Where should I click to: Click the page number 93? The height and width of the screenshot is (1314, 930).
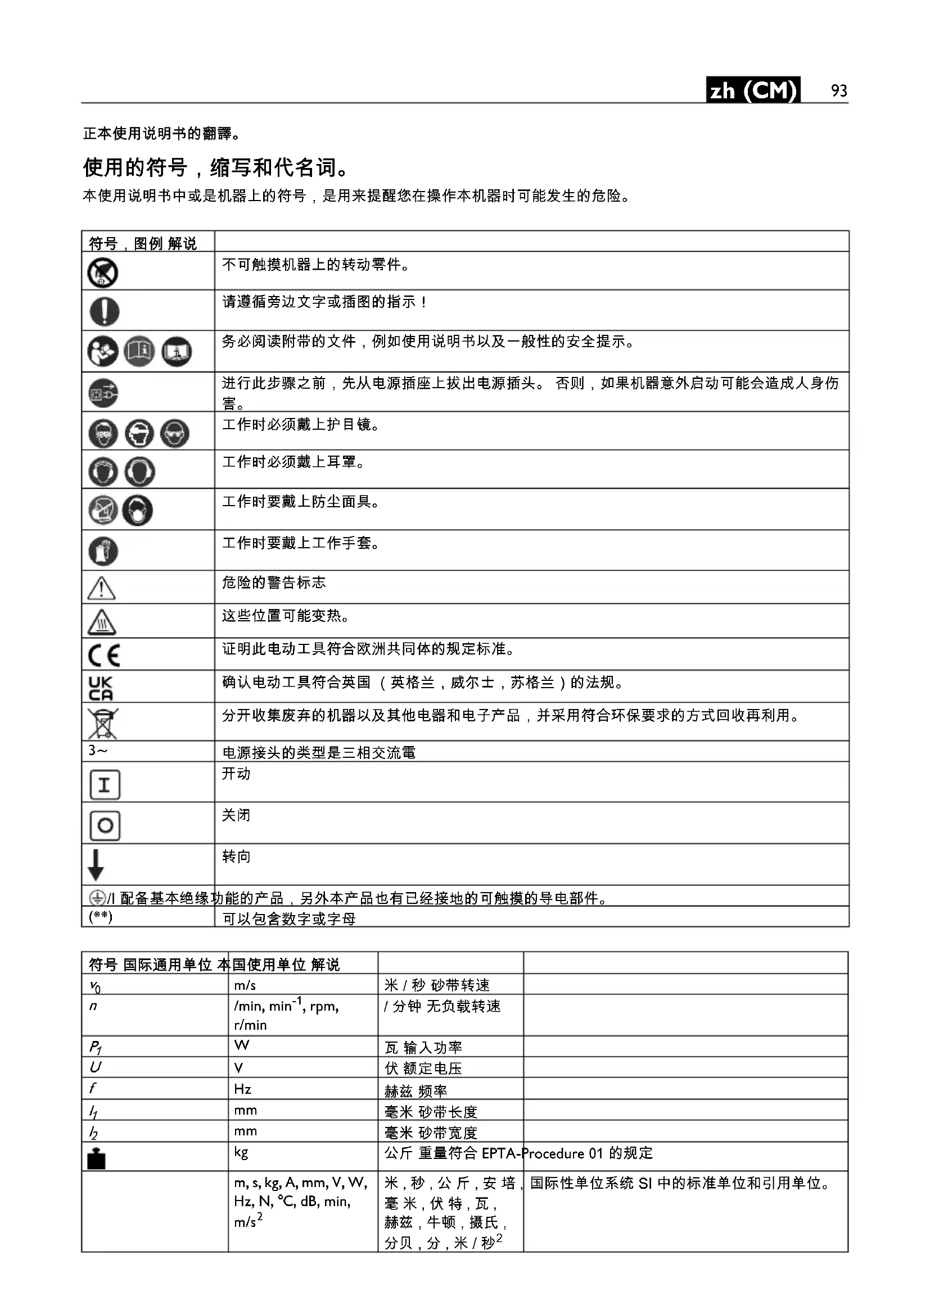coord(839,90)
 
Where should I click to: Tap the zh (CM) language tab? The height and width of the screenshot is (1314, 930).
coord(752,90)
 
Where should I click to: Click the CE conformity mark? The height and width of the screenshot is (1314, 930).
coord(104,655)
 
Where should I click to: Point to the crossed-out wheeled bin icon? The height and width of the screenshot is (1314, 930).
coord(102,723)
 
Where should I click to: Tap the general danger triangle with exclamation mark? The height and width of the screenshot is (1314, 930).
coord(101,588)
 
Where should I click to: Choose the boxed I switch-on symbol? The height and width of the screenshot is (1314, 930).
coord(105,785)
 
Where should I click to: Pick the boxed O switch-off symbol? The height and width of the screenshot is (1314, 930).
coord(105,826)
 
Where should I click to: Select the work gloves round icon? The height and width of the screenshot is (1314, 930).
coord(103,551)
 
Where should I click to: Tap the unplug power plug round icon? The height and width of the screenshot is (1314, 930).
coord(103,394)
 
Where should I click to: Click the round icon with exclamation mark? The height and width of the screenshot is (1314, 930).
coord(104,311)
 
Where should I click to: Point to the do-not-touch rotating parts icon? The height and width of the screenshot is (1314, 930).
coord(103,273)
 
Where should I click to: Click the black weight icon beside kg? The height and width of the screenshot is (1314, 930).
coord(96,1159)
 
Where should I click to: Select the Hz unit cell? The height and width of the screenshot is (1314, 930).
coord(243,1089)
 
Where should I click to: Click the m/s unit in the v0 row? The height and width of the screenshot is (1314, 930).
coord(245,985)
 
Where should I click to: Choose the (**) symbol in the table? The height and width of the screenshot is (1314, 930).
coord(101,917)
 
